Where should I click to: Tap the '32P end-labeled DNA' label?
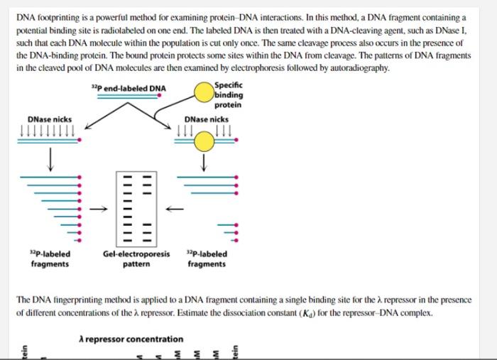point(129,88)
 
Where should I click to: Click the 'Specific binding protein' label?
point(228,95)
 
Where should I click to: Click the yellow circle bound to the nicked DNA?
point(204,142)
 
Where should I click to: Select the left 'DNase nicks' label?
point(49,119)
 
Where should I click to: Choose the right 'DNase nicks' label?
point(206,119)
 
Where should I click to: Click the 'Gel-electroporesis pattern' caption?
point(136,259)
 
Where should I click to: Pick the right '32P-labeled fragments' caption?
point(207,259)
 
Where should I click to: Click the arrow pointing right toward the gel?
point(102,208)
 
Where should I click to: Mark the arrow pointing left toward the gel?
point(175,208)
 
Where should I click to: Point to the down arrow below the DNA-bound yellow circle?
point(204,163)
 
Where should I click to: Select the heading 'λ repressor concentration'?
point(131,339)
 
